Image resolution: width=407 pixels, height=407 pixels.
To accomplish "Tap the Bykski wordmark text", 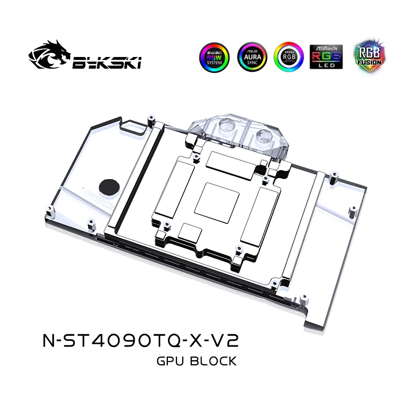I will (107, 62).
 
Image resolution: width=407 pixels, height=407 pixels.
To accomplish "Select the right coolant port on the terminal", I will (266, 136).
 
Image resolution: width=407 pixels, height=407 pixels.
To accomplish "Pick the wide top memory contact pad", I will (226, 162).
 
